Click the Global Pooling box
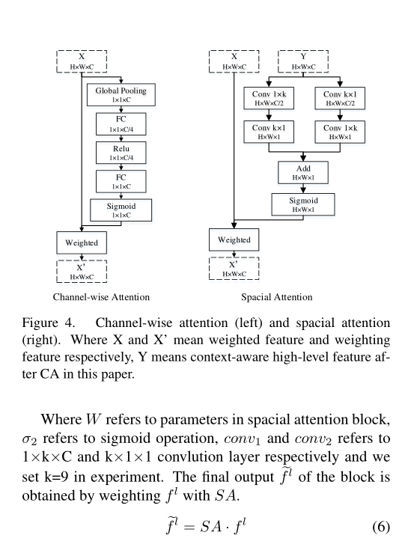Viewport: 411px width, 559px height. pyautogui.click(x=121, y=94)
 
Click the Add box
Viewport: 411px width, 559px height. pyautogui.click(x=303, y=173)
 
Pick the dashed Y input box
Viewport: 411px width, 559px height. pyautogui.click(x=303, y=61)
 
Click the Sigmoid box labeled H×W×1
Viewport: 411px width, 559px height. pyautogui.click(x=303, y=205)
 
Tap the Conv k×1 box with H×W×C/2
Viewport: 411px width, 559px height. pyautogui.click(x=341, y=98)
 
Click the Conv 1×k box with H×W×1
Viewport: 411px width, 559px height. pyautogui.click(x=341, y=132)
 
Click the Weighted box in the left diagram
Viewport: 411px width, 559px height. pyautogui.click(x=82, y=243)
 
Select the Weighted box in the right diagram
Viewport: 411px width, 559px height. pyautogui.click(x=234, y=239)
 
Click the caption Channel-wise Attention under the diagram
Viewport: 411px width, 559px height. pyautogui.click(x=101, y=297)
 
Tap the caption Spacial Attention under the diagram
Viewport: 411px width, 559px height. pyautogui.click(x=277, y=297)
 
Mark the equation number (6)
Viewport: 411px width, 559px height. pyautogui.click(x=380, y=527)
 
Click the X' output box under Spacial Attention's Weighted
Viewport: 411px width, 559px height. pyautogui.click(x=234, y=269)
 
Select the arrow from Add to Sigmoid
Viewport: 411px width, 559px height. pyautogui.click(x=303, y=188)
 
